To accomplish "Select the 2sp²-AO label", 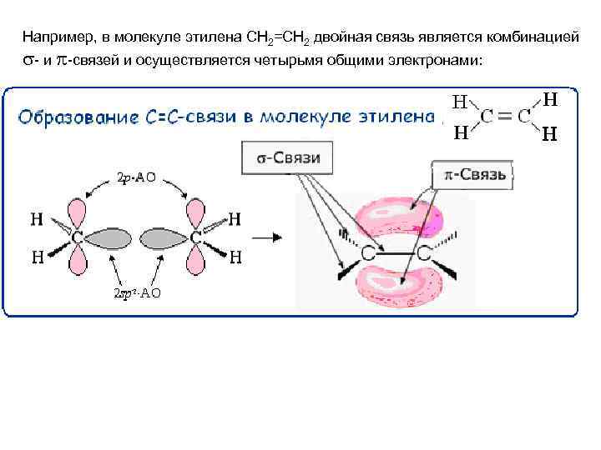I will tap(137, 292).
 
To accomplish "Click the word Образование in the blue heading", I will tap(75, 117).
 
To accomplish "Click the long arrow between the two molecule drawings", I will tap(268, 237).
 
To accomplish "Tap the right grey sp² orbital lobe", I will tap(164, 237).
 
